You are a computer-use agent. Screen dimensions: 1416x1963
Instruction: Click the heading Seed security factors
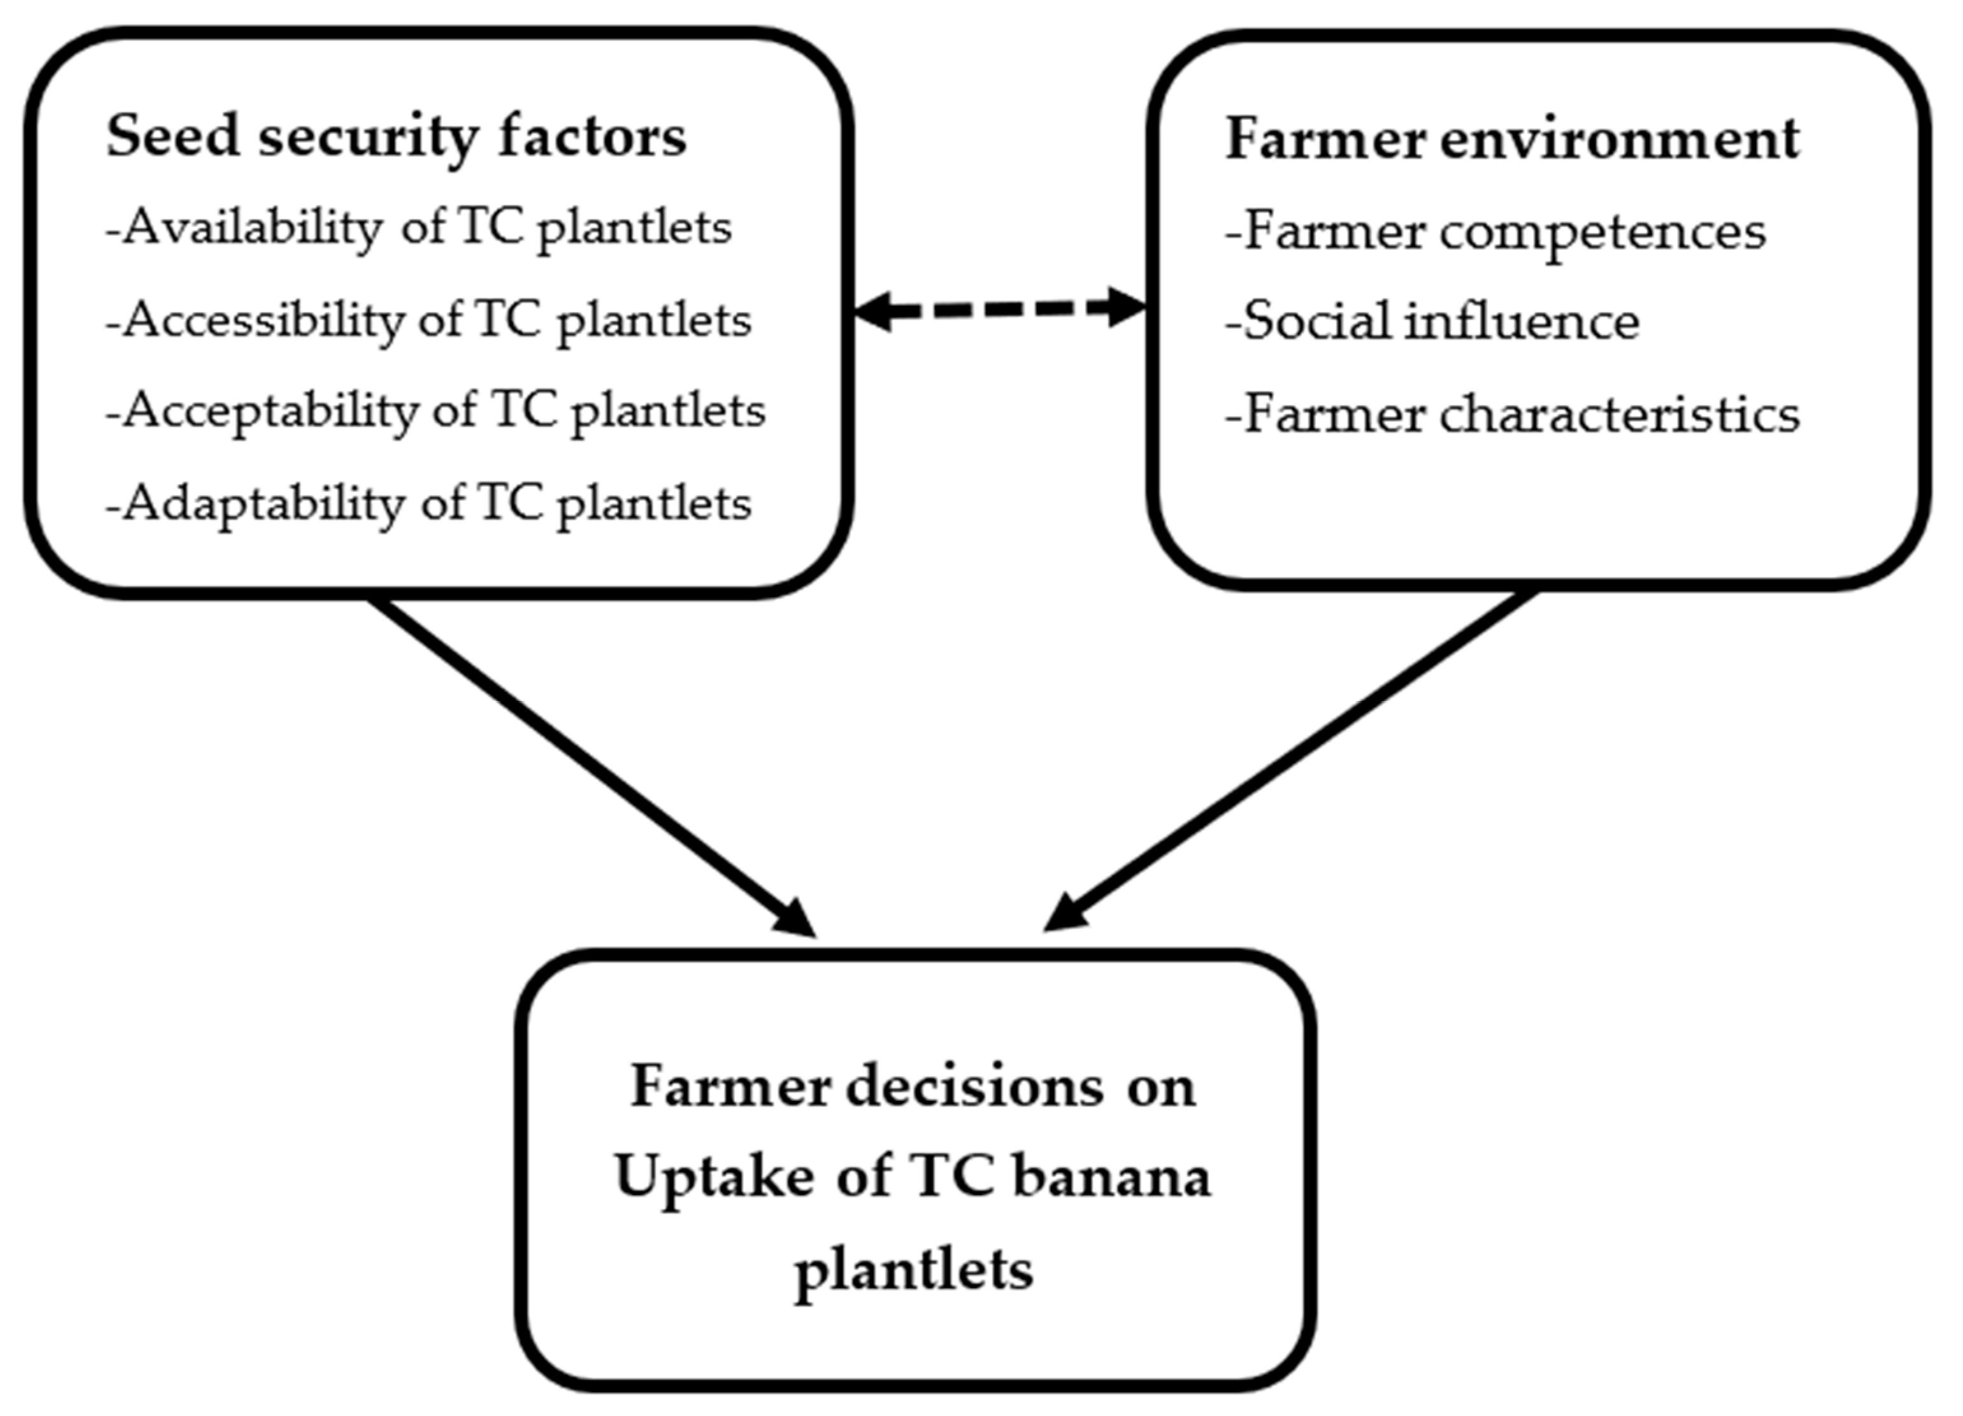click(x=396, y=138)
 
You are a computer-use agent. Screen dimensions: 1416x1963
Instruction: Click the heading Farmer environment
click(x=1512, y=140)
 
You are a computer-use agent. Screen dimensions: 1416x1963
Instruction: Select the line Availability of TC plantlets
click(x=419, y=229)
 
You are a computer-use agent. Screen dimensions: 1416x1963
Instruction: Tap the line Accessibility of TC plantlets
click(x=429, y=321)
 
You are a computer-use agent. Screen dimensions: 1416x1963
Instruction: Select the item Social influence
click(x=1432, y=323)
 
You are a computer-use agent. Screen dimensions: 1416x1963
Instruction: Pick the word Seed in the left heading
click(x=172, y=138)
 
